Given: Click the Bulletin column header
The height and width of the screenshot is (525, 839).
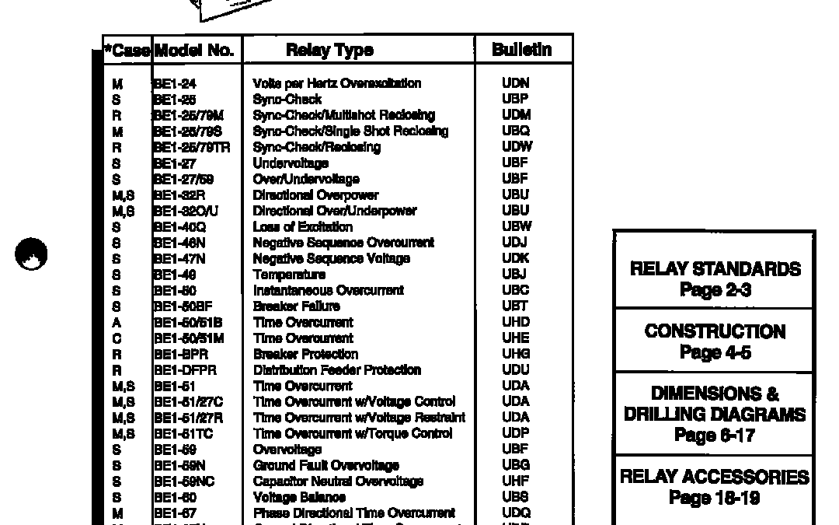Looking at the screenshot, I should [x=522, y=50].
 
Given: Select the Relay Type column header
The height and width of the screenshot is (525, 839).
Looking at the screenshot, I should [x=329, y=51].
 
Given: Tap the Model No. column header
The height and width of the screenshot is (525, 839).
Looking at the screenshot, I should [x=194, y=51].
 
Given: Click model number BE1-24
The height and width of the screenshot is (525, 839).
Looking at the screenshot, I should [x=175, y=83].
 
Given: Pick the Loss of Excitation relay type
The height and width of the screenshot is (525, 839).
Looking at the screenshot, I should [x=302, y=227].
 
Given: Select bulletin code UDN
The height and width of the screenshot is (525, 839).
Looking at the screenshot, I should [x=516, y=83].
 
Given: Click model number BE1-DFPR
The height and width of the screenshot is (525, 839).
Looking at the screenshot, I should [x=184, y=370].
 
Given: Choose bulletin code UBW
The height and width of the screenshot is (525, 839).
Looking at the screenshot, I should [x=517, y=226].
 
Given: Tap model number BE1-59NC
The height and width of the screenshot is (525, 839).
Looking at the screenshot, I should [x=183, y=481].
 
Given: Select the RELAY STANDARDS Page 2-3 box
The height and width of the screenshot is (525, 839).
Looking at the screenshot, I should [x=715, y=279].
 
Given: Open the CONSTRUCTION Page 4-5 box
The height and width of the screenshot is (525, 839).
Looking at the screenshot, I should [x=715, y=341].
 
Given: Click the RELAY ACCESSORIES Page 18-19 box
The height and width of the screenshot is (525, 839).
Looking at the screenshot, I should [x=715, y=487].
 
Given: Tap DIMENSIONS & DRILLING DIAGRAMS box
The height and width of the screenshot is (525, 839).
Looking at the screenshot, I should [x=715, y=414].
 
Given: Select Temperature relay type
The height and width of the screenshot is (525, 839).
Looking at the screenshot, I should [x=289, y=275].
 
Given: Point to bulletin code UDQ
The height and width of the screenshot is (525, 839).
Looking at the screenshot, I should [x=517, y=513].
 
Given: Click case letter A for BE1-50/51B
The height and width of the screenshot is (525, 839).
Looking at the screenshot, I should [x=117, y=322].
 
